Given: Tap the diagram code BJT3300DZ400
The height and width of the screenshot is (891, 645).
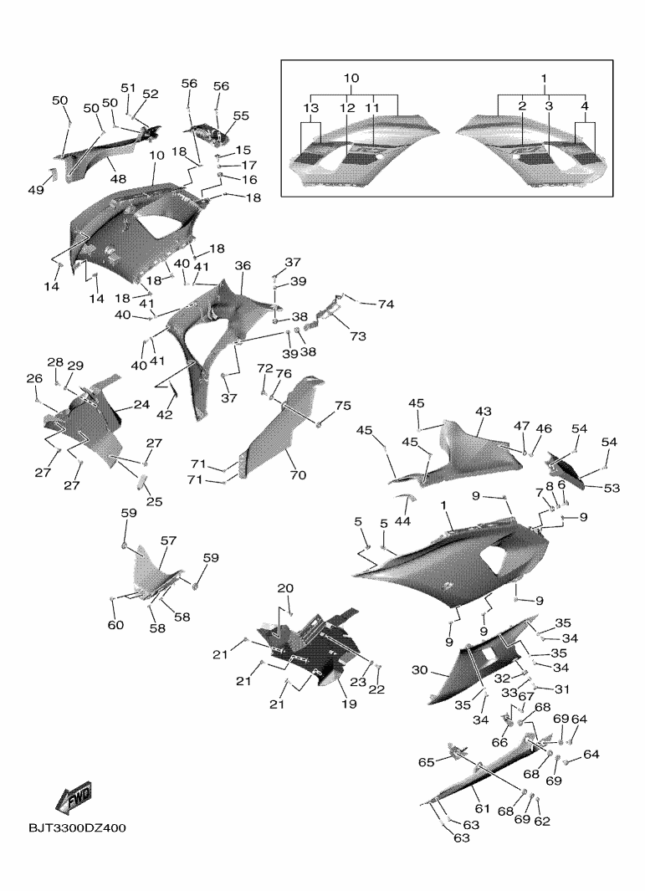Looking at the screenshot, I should point(77,828).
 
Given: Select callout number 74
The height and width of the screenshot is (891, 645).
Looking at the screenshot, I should point(385,305).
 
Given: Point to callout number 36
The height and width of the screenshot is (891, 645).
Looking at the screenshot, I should point(243,265).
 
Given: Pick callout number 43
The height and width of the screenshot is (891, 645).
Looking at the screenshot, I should point(484,412).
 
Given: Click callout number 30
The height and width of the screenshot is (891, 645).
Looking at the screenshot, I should point(419,670).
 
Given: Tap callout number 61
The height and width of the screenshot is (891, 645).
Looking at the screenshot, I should point(481,809).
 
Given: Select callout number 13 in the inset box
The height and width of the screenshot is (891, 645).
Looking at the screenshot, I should point(310,110).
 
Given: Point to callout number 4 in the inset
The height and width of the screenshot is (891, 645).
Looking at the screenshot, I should point(585,106).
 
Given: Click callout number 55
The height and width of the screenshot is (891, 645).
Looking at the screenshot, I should point(241,116).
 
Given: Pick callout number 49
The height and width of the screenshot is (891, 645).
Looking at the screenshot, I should point(35,191).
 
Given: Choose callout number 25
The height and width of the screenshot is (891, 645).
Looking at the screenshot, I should point(155,502).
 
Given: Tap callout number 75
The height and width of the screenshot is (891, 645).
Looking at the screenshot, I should point(343,406).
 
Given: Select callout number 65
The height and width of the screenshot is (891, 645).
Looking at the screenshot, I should point(426,762).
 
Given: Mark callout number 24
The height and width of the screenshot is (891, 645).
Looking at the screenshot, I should point(141,405).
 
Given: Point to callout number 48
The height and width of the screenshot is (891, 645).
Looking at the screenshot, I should point(118,178).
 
